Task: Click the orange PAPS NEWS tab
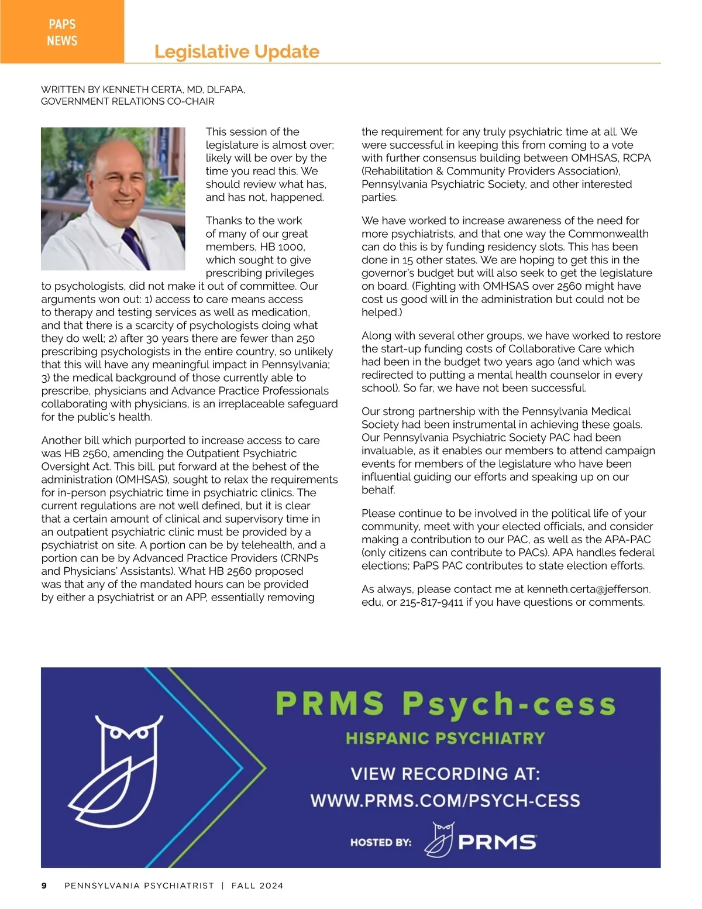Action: (62, 32)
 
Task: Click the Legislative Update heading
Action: (236, 52)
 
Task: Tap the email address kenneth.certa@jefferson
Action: (589, 589)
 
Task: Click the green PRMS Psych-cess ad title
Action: (445, 704)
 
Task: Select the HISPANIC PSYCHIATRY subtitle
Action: (445, 738)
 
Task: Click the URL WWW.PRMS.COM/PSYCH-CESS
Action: (445, 801)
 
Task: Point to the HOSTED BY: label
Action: (380, 843)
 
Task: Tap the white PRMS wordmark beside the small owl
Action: (497, 842)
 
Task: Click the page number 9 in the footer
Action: (44, 886)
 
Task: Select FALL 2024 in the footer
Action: (257, 886)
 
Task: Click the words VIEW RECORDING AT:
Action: (445, 774)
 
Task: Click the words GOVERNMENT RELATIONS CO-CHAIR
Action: (128, 101)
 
